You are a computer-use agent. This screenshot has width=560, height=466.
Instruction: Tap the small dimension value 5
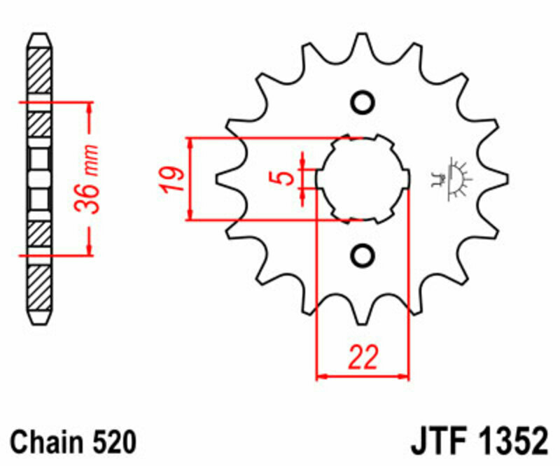[285, 178]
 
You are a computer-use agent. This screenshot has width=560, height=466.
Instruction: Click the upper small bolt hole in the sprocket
[363, 103]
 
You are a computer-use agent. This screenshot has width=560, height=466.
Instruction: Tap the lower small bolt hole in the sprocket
[363, 255]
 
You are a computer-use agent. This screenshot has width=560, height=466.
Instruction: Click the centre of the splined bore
[363, 179]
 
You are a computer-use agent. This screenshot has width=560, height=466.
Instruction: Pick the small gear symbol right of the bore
[450, 180]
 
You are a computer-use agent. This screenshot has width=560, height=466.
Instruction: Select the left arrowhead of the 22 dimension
[322, 377]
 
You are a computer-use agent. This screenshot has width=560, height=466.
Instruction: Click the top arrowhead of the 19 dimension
[190, 142]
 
